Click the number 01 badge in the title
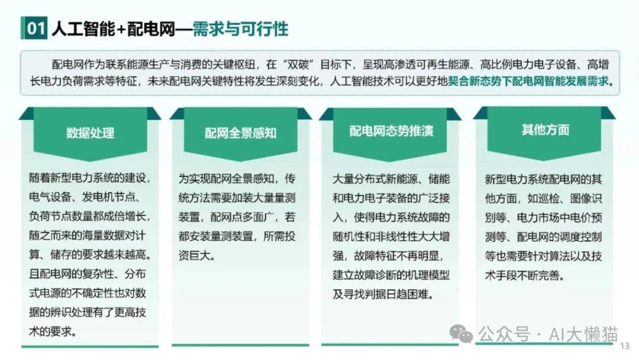point(34,28)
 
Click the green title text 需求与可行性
point(240,29)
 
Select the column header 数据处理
point(90,133)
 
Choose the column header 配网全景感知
point(240,133)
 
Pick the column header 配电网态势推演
point(391,131)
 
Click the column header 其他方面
point(546,130)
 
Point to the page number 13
point(624,346)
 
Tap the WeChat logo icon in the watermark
point(461,334)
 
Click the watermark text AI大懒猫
point(583,335)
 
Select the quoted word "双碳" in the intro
point(298,65)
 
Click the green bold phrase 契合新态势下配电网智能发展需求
point(528,81)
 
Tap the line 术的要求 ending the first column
point(53,332)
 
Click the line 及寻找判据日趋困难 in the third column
point(383,294)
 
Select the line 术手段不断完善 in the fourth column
point(524,275)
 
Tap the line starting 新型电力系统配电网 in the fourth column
point(543,179)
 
